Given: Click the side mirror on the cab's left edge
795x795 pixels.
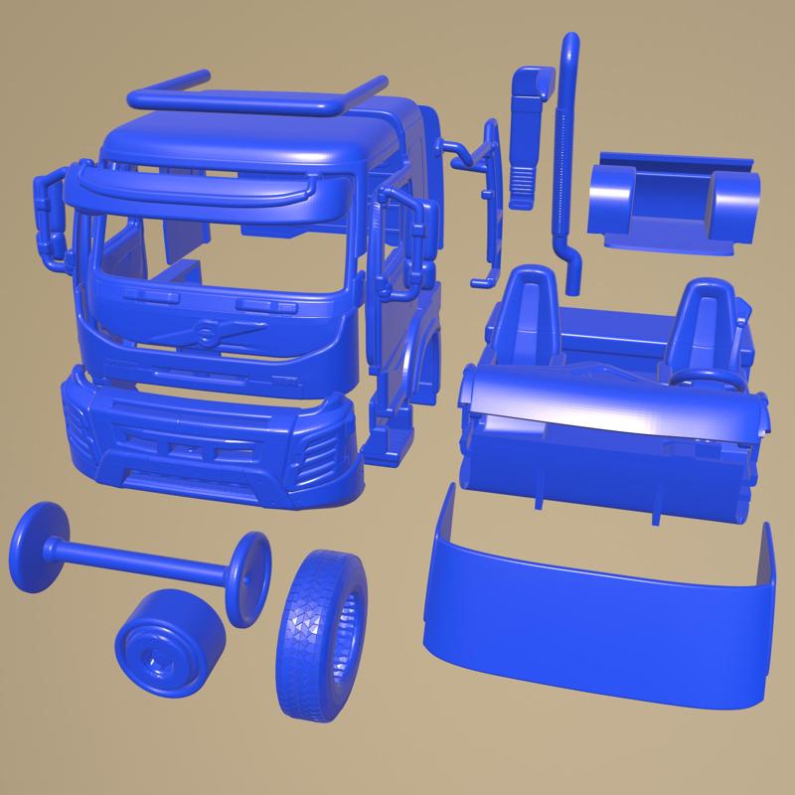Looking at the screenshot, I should (x=50, y=214).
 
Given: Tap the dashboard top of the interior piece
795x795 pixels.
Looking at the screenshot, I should (x=606, y=402).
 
